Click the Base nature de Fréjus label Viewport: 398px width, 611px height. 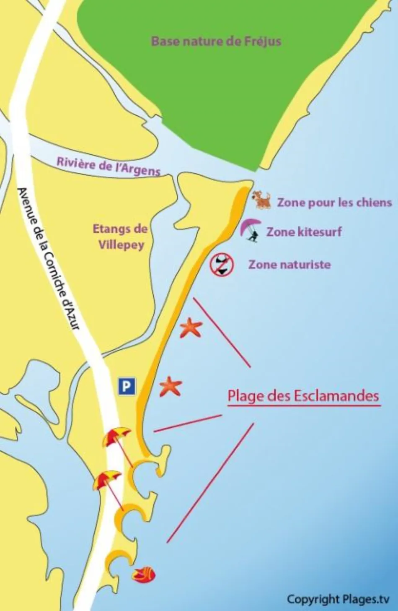tap(216, 42)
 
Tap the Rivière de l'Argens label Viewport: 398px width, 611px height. tap(109, 166)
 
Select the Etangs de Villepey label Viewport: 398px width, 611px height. tap(121, 237)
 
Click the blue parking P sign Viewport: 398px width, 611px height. tap(127, 386)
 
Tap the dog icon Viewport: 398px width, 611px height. tap(262, 200)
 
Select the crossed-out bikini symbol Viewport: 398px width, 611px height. tap(221, 264)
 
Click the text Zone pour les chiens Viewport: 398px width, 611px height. tap(334, 203)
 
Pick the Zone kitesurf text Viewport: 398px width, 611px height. tap(304, 231)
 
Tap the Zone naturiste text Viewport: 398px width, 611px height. tap(289, 265)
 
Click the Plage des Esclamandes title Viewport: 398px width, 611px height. tap(303, 396)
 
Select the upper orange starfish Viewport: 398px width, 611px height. tap(191, 328)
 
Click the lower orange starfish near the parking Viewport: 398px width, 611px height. tap(170, 386)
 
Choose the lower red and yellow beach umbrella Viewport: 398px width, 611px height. tap(106, 479)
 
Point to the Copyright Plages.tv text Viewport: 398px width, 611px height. tap(338, 599)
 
